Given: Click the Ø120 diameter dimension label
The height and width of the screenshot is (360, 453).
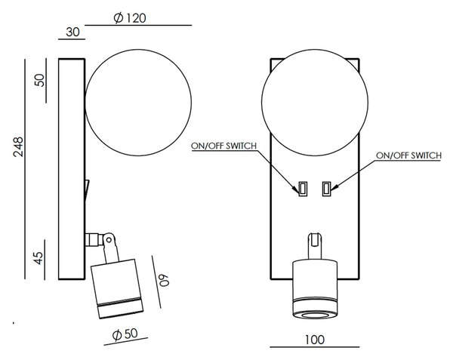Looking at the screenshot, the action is [x=130, y=18].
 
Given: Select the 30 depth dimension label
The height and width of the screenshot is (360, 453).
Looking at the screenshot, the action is [x=72, y=32].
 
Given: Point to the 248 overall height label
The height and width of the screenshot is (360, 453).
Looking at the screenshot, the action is [x=18, y=147].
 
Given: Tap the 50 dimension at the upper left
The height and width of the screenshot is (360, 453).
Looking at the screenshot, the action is [x=39, y=80].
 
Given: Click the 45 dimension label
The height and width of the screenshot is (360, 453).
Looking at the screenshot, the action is [x=39, y=258].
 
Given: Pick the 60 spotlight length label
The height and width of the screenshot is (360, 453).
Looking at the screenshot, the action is [x=164, y=279].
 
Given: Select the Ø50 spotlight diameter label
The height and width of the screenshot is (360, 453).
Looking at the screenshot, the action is [x=125, y=334].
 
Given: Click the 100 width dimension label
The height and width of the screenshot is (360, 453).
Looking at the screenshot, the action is [x=315, y=340].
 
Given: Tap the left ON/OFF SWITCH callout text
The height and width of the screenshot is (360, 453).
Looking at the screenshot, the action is [x=224, y=146].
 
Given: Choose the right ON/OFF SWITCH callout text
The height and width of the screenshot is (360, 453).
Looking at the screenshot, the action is [x=408, y=155].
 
